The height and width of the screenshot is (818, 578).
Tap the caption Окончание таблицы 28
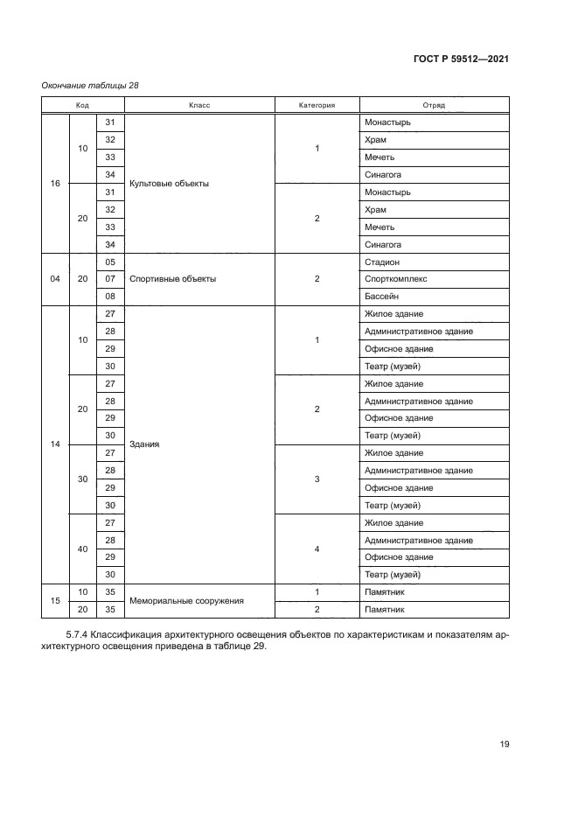(x=90, y=86)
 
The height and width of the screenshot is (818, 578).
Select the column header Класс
(x=199, y=105)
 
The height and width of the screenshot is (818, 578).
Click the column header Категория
(x=317, y=105)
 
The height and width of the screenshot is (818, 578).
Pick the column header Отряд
(x=434, y=105)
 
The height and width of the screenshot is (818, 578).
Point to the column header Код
(x=83, y=105)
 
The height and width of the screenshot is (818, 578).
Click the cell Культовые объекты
(x=169, y=184)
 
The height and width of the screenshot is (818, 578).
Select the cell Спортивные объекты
(x=172, y=279)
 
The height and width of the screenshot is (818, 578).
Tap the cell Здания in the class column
(x=144, y=444)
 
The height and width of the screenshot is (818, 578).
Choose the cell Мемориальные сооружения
(x=186, y=601)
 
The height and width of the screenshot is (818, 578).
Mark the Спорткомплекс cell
(x=394, y=279)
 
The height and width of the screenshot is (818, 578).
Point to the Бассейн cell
(x=381, y=297)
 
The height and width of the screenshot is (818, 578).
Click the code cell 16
(x=55, y=184)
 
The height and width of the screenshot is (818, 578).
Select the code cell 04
(x=55, y=279)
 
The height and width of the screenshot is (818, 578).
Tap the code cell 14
(x=55, y=444)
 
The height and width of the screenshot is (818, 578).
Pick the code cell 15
(x=55, y=601)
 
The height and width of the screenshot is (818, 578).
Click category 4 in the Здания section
(x=317, y=549)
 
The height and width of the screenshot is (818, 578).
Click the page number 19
(x=505, y=745)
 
